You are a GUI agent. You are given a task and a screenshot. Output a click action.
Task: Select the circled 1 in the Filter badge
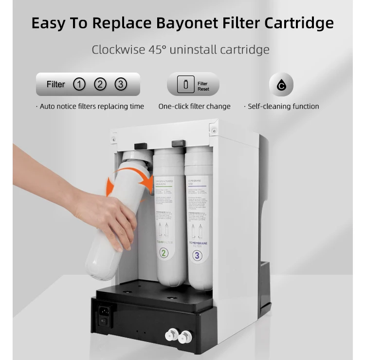point(79,84)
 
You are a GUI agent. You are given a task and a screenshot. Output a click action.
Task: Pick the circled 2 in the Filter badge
point(100,84)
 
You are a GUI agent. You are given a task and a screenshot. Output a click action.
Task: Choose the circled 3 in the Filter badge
point(121,84)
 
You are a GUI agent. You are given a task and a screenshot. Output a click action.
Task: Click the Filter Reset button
point(193,85)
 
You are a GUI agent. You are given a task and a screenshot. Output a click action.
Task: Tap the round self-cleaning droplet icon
point(281,85)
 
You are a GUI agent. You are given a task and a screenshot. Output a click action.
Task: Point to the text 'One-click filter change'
point(194,106)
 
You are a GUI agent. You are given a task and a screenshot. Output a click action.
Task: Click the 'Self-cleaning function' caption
point(283,106)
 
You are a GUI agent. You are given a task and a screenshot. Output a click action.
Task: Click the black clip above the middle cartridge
point(178,143)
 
